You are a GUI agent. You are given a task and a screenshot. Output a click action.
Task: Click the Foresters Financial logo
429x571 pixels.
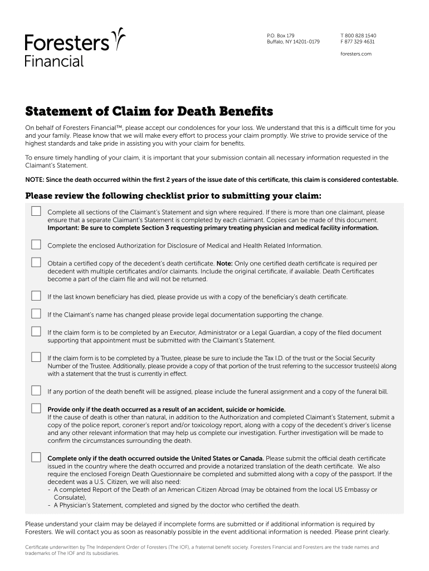pyautogui.click(x=75, y=47)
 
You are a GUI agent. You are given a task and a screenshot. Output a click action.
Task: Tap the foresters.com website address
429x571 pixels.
pyautogui.click(x=355, y=54)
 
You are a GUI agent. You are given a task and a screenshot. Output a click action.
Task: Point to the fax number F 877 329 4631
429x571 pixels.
pyautogui.click(x=357, y=42)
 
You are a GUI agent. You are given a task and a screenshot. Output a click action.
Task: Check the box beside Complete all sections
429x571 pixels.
pyautogui.click(x=36, y=211)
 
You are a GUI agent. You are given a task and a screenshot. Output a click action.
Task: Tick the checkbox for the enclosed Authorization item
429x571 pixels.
pyautogui.click(x=36, y=244)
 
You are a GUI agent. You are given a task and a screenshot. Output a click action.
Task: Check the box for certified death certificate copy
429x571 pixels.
pyautogui.click(x=36, y=262)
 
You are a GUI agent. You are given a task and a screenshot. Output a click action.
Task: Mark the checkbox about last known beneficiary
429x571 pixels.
pyautogui.click(x=36, y=296)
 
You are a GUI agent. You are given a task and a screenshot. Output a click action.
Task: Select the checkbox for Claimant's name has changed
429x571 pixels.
pyautogui.click(x=36, y=313)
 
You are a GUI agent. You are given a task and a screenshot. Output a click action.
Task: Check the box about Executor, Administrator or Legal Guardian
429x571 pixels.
pyautogui.click(x=36, y=332)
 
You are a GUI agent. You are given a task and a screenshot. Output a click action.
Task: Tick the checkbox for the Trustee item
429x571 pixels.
pyautogui.click(x=36, y=357)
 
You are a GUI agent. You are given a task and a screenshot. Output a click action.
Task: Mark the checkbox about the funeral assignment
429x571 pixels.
pyautogui.click(x=36, y=390)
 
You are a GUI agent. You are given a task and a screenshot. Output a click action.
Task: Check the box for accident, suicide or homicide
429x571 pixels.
pyautogui.click(x=36, y=408)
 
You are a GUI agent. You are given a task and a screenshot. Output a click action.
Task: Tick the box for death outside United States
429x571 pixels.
pyautogui.click(x=36, y=457)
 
